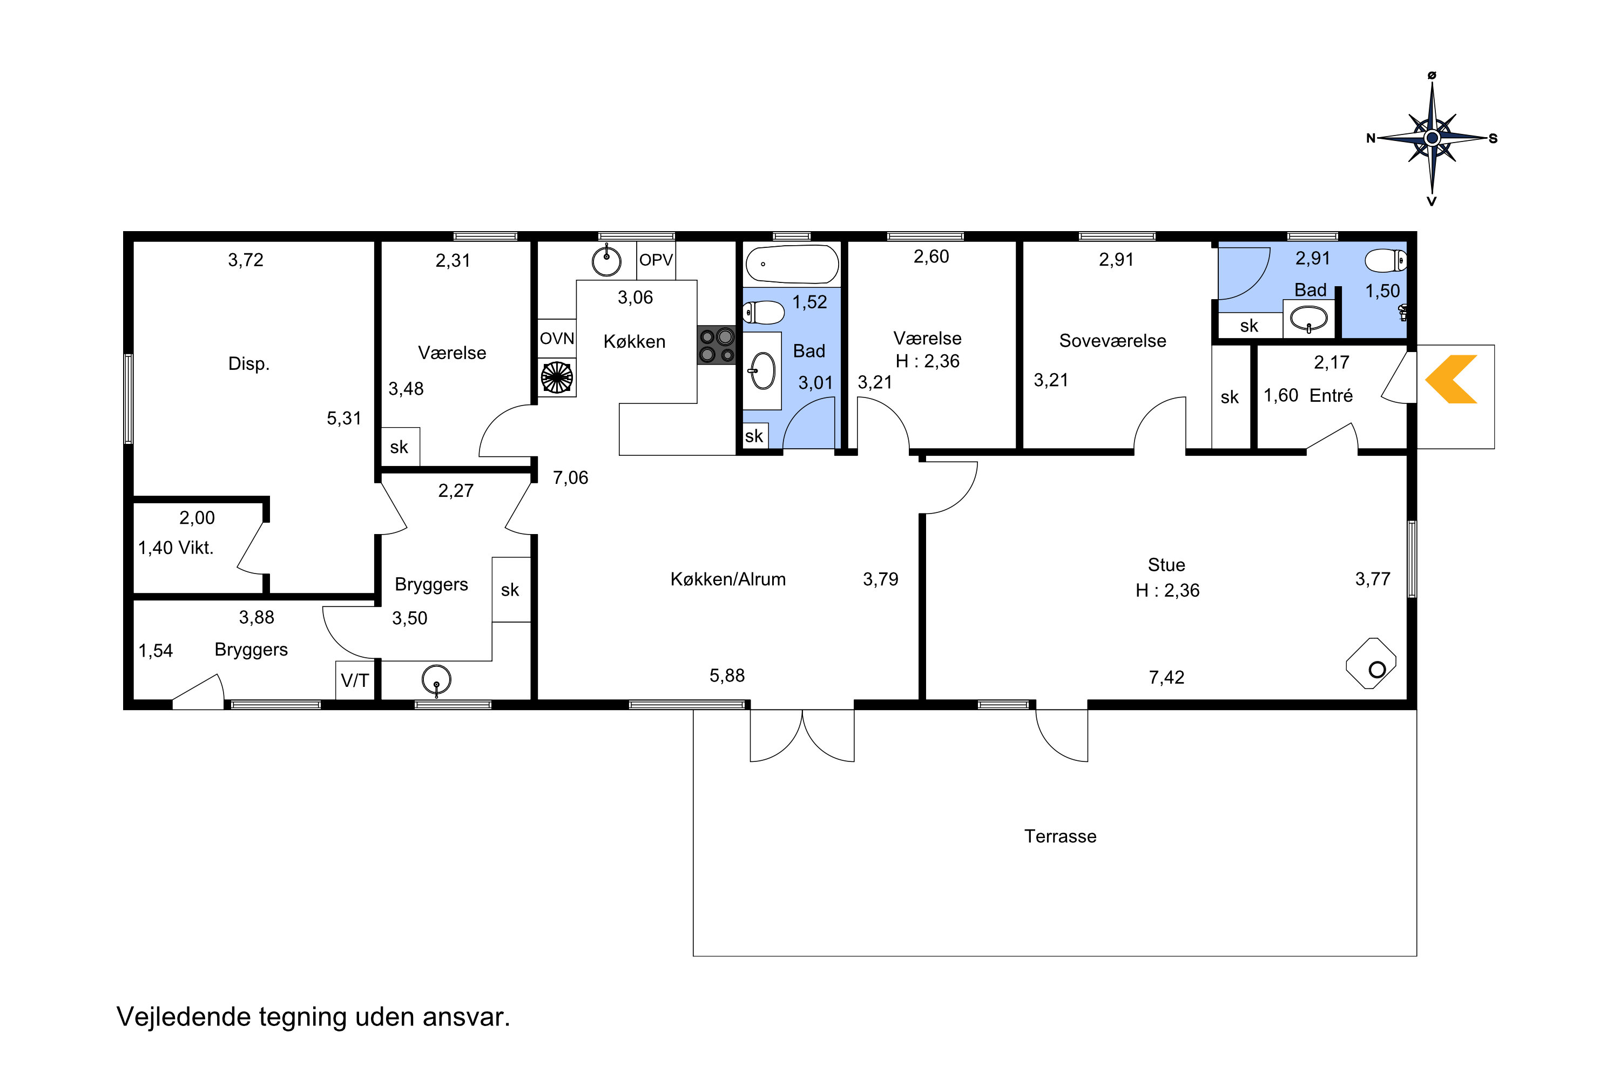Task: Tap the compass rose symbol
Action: click(x=1432, y=138)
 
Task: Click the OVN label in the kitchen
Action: click(x=557, y=338)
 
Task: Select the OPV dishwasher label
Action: click(x=655, y=260)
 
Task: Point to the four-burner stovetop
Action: click(x=717, y=345)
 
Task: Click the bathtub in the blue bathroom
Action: click(x=792, y=264)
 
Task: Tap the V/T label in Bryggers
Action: click(x=355, y=680)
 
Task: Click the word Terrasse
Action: click(x=1060, y=836)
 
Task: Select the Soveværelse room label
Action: click(x=1112, y=340)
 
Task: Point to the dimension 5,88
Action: click(x=727, y=676)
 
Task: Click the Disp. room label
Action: click(x=248, y=363)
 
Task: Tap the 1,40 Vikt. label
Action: click(x=175, y=548)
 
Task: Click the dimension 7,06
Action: click(x=570, y=478)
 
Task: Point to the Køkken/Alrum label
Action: click(x=728, y=579)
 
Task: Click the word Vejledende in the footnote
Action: click(x=184, y=1017)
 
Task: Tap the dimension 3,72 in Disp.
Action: click(x=246, y=260)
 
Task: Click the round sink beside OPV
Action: click(x=607, y=260)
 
